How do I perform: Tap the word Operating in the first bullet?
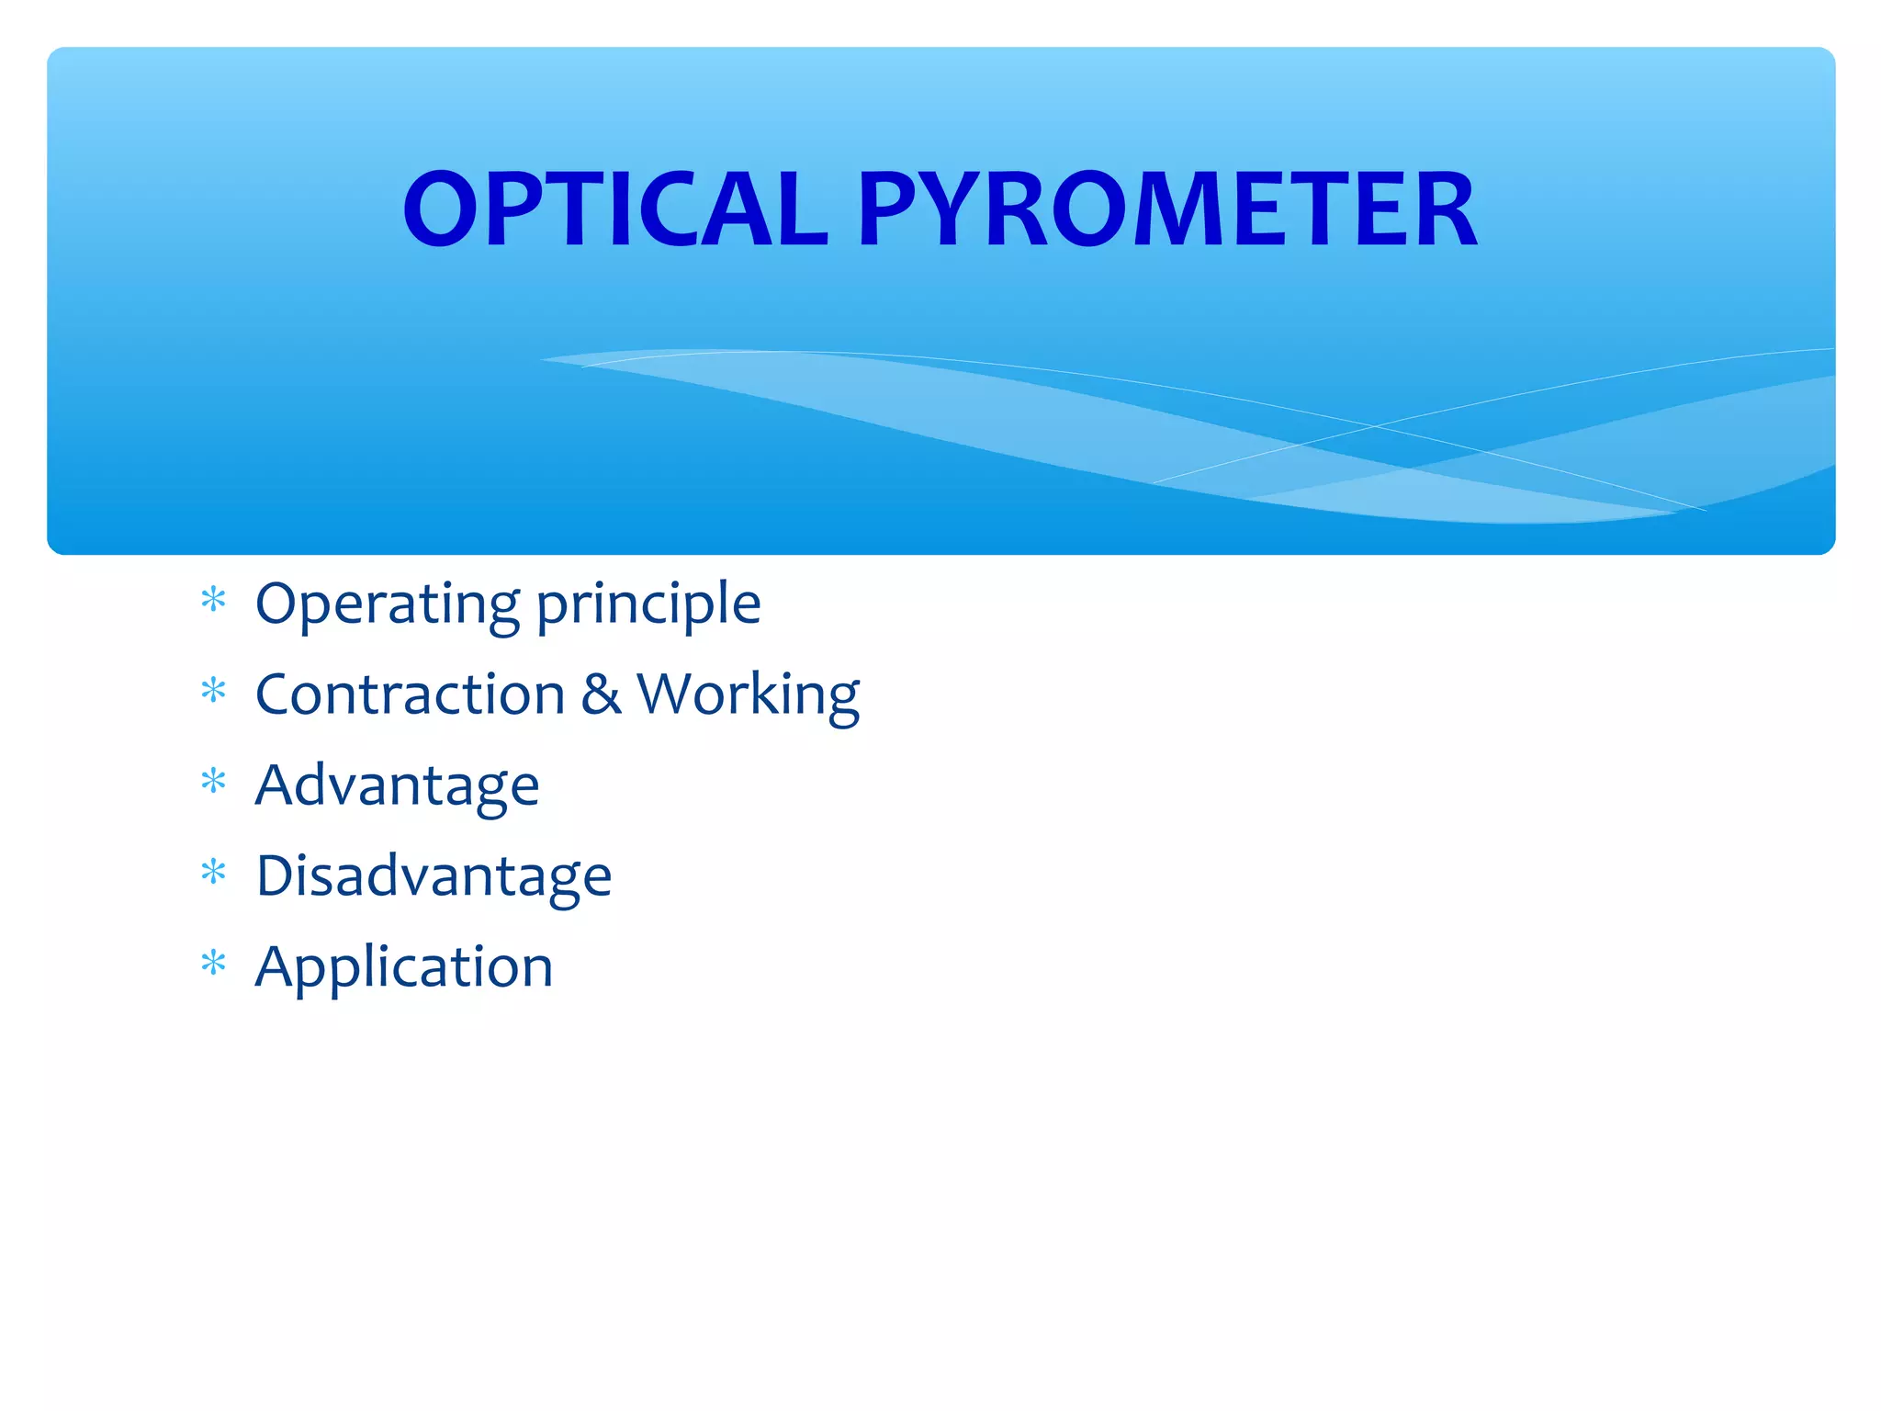388,604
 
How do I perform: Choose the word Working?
749,695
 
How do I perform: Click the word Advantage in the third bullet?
397,786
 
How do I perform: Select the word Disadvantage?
434,875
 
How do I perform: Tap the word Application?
404,968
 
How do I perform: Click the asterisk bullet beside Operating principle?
214,601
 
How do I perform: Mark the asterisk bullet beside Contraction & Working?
214,691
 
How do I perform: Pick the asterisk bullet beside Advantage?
214,782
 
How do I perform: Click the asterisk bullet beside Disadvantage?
214,872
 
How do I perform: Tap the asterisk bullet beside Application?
214,963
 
